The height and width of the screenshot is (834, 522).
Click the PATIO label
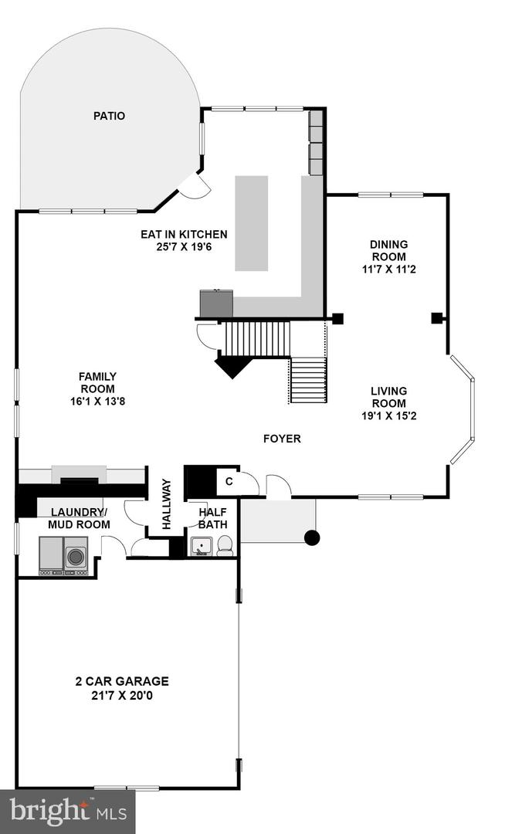[x=109, y=116]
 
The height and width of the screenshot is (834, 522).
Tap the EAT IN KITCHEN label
[x=184, y=235]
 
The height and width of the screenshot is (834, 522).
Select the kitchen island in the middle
[x=251, y=223]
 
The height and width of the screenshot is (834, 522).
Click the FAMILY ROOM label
[x=97, y=383]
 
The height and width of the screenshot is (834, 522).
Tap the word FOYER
[x=281, y=439]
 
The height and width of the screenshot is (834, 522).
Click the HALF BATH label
[x=212, y=518]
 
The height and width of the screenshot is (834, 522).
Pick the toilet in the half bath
[x=225, y=546]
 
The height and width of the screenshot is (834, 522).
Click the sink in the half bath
[x=202, y=547]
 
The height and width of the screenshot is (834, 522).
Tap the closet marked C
[x=229, y=483]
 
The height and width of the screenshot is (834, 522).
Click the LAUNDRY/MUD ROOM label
[x=80, y=518]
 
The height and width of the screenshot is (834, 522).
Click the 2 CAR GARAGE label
[x=122, y=681]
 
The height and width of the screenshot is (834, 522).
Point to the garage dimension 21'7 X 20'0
[x=122, y=695]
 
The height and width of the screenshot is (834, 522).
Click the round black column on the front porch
[x=312, y=537]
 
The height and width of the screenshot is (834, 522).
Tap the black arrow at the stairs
[x=233, y=366]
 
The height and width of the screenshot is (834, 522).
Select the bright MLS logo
[x=67, y=811]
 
